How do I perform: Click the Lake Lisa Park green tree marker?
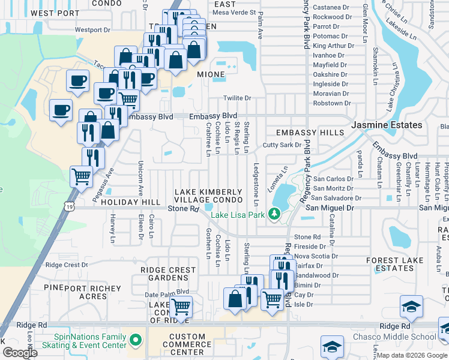[275, 214]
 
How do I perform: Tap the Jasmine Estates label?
[387, 125]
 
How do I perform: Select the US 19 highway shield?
[71, 206]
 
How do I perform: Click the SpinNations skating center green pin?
[136, 341]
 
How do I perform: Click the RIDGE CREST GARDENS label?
[169, 274]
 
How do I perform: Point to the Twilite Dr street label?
[237, 98]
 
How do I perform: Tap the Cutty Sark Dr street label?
[282, 145]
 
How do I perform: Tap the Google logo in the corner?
[20, 353]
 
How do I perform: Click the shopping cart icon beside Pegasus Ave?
[81, 176]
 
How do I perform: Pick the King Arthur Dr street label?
[330, 46]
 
